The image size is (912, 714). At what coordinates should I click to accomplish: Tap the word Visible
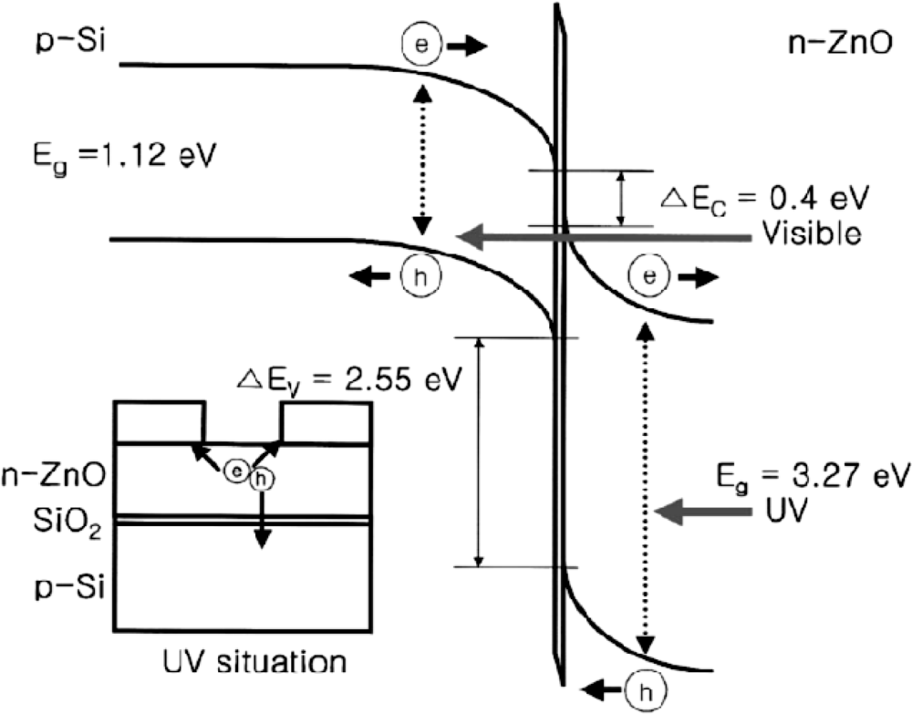pyautogui.click(x=811, y=234)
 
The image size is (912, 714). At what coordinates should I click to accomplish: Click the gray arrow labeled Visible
pyautogui.click(x=602, y=237)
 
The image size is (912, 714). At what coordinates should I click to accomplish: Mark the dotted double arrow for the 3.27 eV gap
pyautogui.click(x=647, y=490)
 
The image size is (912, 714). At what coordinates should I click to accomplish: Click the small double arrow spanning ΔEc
pyautogui.click(x=621, y=198)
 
